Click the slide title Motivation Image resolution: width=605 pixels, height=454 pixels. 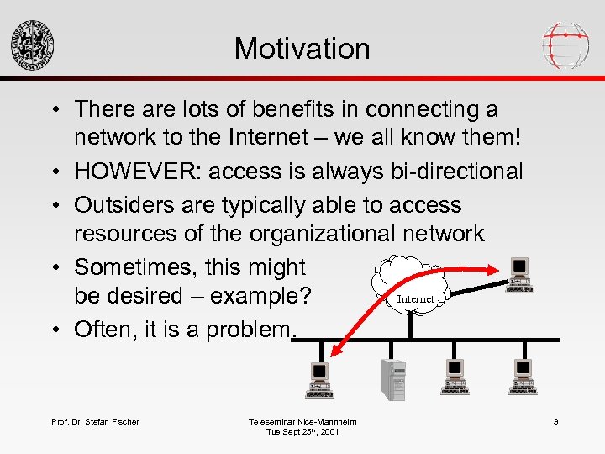click(302, 48)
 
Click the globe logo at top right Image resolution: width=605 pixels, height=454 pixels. click(566, 43)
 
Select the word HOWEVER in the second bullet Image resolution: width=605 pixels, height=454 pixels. click(138, 172)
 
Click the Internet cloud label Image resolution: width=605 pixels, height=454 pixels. click(415, 299)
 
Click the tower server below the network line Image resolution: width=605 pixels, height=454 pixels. click(393, 379)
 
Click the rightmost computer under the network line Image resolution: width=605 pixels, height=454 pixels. click(522, 377)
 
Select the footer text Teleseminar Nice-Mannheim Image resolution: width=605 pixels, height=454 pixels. click(302, 421)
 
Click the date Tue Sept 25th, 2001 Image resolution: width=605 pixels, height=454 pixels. click(302, 432)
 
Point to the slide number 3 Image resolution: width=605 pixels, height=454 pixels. click(555, 421)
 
